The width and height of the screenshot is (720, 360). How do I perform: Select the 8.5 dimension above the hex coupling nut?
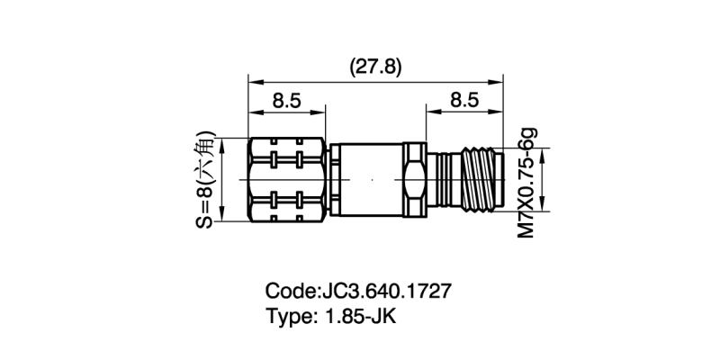[x=286, y=101]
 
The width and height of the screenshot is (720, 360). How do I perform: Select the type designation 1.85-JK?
[x=358, y=317]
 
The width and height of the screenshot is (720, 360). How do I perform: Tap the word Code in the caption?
[x=287, y=292]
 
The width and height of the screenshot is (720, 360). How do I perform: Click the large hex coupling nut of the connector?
[x=286, y=180]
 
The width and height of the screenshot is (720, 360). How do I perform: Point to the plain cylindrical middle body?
[x=369, y=180]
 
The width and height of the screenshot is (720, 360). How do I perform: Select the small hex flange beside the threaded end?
[x=414, y=180]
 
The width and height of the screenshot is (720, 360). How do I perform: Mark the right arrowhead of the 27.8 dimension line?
[x=498, y=81]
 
